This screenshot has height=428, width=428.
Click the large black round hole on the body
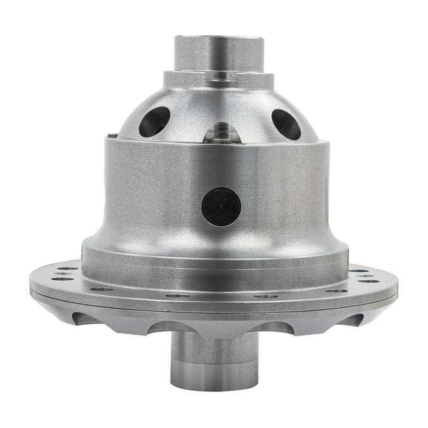(221, 207)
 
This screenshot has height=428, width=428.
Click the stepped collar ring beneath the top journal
(219, 80)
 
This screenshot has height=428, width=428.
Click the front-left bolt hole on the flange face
(102, 289)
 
